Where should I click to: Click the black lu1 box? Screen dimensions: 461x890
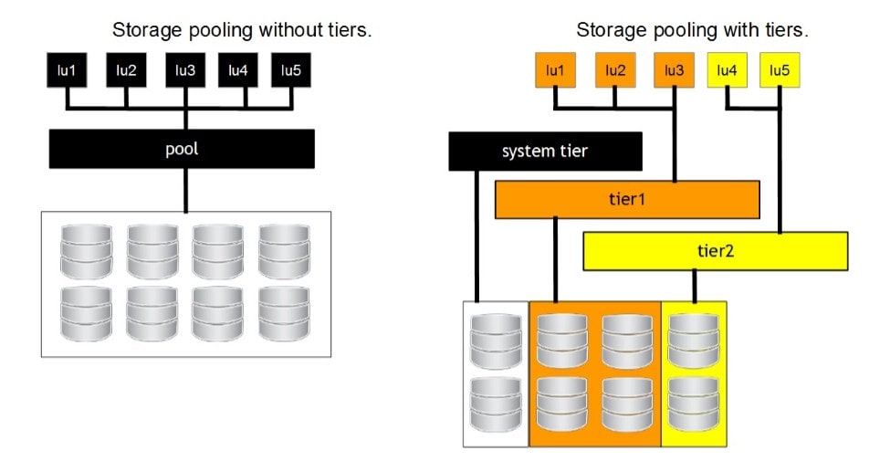click(67, 70)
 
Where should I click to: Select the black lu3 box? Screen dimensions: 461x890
click(184, 70)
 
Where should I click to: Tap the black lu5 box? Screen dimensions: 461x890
click(291, 70)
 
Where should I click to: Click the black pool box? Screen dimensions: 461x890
click(182, 148)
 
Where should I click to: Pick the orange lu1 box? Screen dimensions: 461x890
click(554, 70)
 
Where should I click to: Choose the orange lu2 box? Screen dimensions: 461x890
click(615, 70)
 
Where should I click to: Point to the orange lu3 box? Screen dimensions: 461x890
click(674, 70)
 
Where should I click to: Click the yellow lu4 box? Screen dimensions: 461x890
click(728, 70)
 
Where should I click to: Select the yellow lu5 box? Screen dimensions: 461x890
click(780, 70)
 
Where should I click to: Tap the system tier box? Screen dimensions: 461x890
click(545, 152)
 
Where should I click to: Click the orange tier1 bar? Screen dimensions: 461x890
click(627, 200)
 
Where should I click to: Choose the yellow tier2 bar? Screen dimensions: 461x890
click(715, 251)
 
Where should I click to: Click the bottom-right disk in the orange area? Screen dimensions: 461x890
click(627, 398)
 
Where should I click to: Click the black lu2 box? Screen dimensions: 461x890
click(125, 70)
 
